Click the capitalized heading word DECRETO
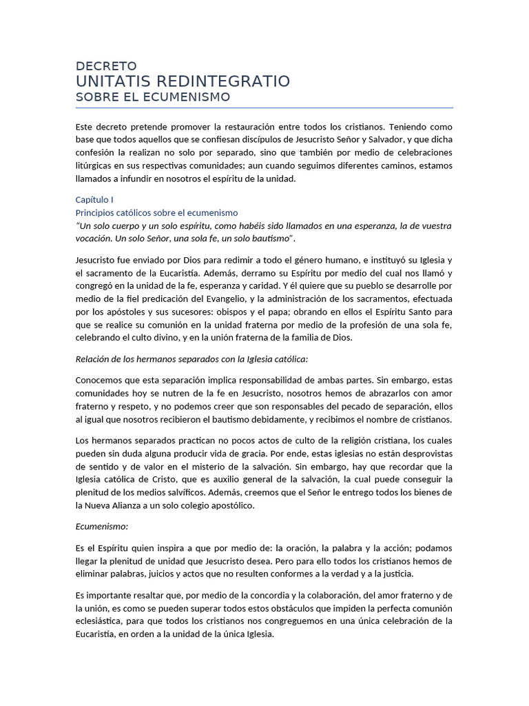tap(106, 67)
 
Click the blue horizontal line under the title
tap(264, 108)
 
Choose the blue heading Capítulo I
tap(94, 199)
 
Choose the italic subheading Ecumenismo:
tap(101, 526)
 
